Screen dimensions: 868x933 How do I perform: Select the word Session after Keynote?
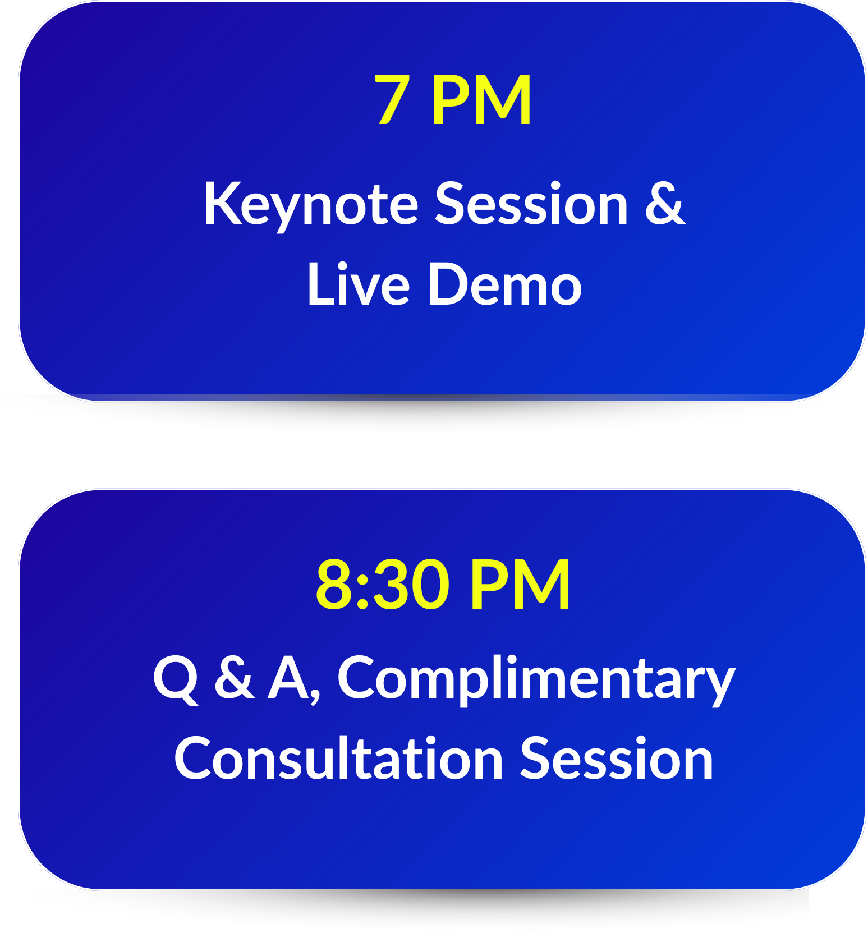pyautogui.click(x=532, y=204)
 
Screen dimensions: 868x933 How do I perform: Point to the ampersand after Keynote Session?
pyautogui.click(x=665, y=204)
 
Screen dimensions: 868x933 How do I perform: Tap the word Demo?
pyautogui.click(x=505, y=284)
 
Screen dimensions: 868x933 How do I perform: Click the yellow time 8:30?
pyautogui.click(x=383, y=585)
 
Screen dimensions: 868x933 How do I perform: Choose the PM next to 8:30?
pyautogui.click(x=520, y=585)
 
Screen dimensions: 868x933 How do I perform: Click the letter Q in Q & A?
pyautogui.click(x=176, y=680)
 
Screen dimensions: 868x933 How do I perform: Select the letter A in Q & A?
pyautogui.click(x=288, y=677)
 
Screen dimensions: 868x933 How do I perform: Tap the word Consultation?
pyautogui.click(x=338, y=758)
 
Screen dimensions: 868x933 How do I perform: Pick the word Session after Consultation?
pyautogui.click(x=617, y=758)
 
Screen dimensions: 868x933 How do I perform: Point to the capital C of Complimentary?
pyautogui.click(x=356, y=677)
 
